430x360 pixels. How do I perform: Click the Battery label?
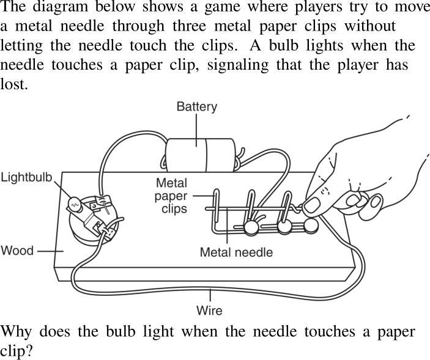tap(196, 107)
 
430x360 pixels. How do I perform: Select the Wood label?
tap(17, 250)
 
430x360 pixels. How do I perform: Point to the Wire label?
tap(209, 310)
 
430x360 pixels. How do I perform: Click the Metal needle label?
tap(236, 251)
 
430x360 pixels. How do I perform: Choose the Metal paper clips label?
tap(172, 196)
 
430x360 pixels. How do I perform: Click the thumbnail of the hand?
tap(312, 204)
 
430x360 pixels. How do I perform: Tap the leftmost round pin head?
tap(250, 229)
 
